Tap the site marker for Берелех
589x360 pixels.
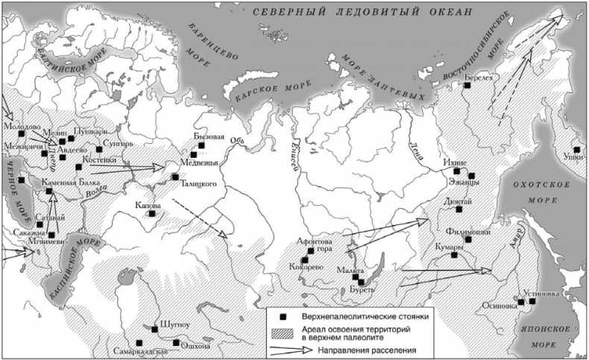point(467,86)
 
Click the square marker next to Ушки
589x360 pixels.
point(576,149)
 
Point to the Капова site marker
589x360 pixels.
point(152,213)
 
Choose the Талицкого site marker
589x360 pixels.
point(174,177)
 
